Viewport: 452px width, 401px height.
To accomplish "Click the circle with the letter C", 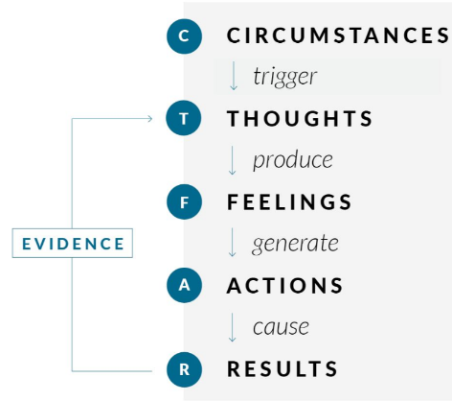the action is (184, 35).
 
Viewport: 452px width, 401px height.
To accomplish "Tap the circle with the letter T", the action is (184, 118).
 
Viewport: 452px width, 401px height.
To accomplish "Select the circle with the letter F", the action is (184, 201).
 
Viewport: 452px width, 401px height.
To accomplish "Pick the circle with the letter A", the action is (184, 285).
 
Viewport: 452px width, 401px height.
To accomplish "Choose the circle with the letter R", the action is (184, 369).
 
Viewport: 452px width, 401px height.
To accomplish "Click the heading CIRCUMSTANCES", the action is (338, 35).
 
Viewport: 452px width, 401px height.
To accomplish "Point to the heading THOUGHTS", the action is (300, 118).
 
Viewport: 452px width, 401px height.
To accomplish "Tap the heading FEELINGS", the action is (289, 201).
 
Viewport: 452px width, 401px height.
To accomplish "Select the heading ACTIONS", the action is (284, 285).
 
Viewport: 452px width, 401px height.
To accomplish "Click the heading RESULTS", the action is (282, 368).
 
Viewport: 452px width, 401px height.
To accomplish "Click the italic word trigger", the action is (285, 77).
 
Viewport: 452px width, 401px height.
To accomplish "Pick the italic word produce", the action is (293, 160).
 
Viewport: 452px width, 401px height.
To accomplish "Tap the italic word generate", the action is (295, 244).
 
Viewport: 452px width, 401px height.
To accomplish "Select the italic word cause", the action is (281, 327).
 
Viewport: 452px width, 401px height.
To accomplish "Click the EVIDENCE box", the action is (73, 243).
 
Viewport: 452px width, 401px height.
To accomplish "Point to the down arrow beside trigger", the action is (234, 76).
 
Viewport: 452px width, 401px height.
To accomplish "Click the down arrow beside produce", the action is (233, 160).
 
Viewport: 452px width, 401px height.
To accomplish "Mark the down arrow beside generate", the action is (233, 243).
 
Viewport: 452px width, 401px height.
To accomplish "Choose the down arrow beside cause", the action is (233, 327).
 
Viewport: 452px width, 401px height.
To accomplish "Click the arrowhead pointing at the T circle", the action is (150, 119).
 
